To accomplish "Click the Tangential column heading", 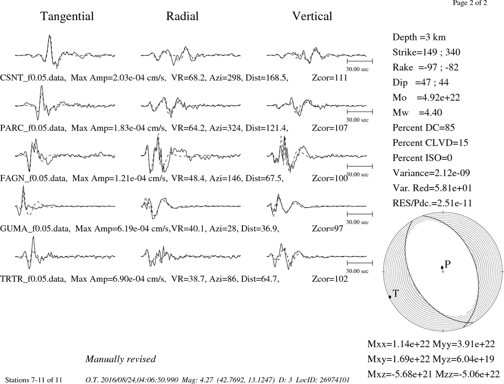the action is tap(67, 17).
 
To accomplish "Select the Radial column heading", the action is tap(182, 16).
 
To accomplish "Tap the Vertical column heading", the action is tap(312, 16).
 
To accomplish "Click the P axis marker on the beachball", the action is tap(443, 268).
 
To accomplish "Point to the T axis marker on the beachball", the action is tap(390, 297).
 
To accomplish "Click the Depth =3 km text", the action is tap(419, 37).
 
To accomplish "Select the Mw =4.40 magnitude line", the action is tap(417, 112).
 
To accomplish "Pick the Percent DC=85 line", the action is tap(424, 127).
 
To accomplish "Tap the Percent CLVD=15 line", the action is tap(430, 143).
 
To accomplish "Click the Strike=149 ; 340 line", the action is tap(426, 52).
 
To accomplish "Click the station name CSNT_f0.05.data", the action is tap(33, 78).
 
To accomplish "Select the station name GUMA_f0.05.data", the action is tap(34, 229).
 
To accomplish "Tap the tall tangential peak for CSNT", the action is tap(49, 35).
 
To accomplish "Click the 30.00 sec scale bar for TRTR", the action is tap(360, 263).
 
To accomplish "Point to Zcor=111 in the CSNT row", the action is tap(330, 78).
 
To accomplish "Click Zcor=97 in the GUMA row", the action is tap(328, 229).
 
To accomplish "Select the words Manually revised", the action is tap(120, 359).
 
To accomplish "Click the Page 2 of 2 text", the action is tap(470, 3).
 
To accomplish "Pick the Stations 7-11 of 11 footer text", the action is tap(34, 380).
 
